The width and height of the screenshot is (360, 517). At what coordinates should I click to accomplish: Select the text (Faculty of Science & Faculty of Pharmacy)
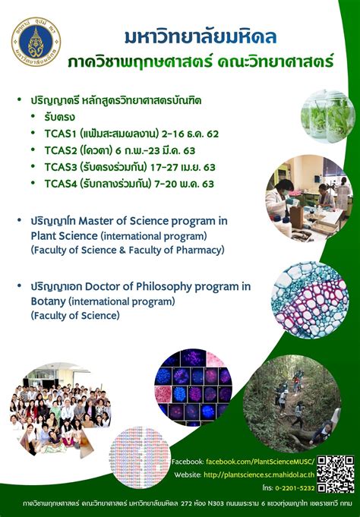128,249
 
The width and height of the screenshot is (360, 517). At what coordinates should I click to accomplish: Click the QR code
335,474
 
